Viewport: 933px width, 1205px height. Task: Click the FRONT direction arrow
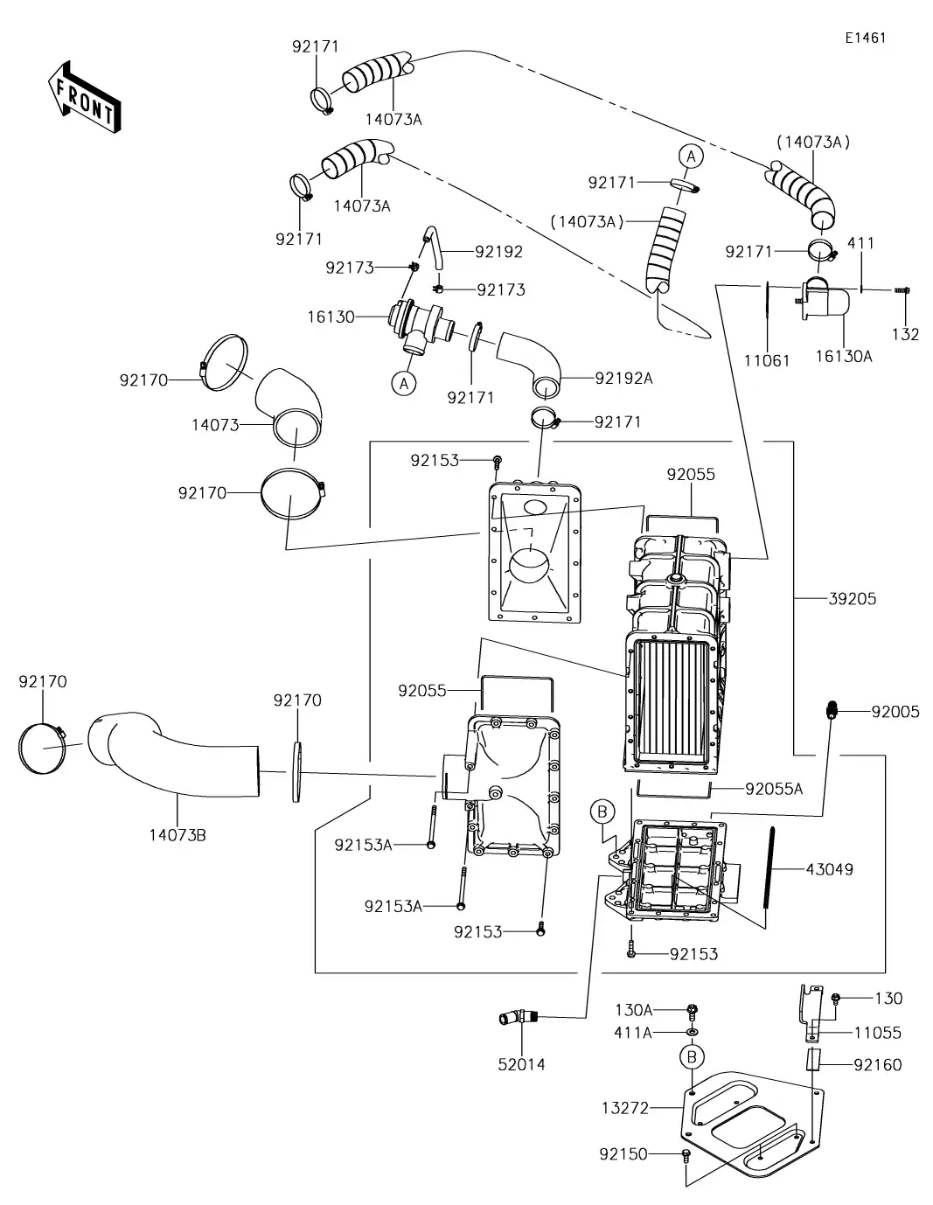click(84, 97)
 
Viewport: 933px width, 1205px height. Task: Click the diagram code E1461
click(865, 38)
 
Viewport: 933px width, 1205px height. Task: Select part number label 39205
click(852, 599)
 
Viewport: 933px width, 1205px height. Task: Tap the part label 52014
click(522, 1064)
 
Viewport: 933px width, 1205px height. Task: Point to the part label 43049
click(829, 869)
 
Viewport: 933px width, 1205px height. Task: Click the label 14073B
click(178, 834)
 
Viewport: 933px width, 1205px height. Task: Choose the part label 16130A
click(844, 356)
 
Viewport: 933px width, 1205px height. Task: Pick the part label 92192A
click(624, 378)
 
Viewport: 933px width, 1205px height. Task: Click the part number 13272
click(625, 1108)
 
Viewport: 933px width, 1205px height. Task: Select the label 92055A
click(774, 789)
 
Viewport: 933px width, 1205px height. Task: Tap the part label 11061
click(767, 360)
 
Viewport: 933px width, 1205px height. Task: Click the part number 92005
click(895, 712)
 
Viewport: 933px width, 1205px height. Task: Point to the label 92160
click(877, 1064)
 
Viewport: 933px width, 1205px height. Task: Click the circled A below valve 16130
click(403, 383)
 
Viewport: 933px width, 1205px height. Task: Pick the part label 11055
click(877, 1033)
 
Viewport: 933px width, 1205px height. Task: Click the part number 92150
click(623, 1154)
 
